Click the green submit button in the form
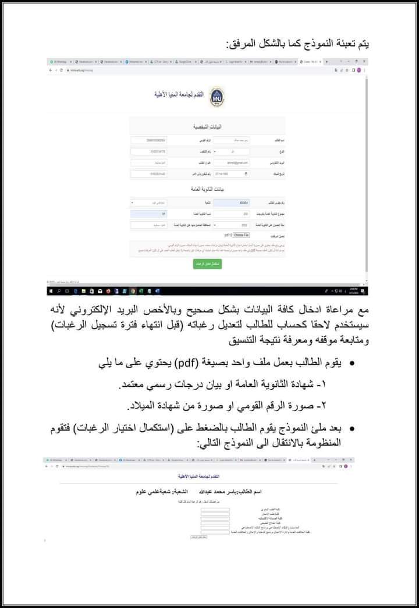tap(208, 264)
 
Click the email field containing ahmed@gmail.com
tap(231, 162)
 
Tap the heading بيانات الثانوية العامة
tap(208, 190)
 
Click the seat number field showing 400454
tap(231, 203)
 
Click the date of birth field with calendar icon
tap(231, 174)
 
